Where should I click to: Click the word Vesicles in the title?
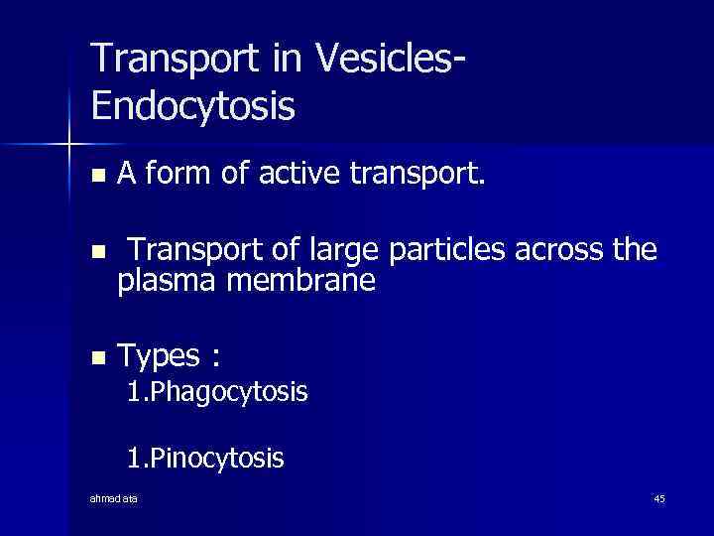click(x=388, y=60)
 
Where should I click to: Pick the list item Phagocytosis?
click(x=217, y=392)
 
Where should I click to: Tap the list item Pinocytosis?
click(x=205, y=458)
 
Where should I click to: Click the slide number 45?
click(x=659, y=498)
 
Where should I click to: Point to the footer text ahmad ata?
click(x=114, y=498)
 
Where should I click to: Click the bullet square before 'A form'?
click(x=96, y=177)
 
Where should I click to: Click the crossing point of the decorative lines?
click(x=69, y=145)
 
